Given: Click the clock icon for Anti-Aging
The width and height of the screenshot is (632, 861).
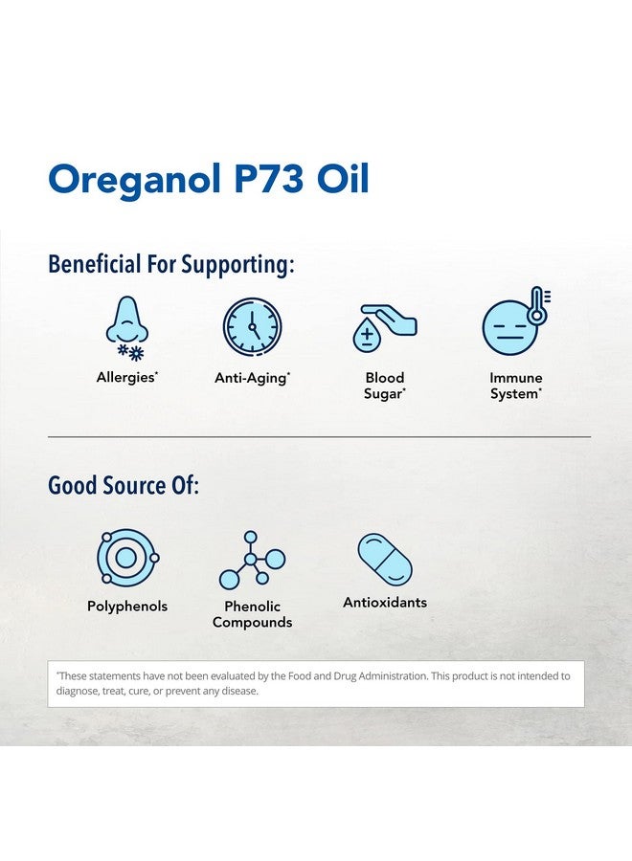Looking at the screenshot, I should (x=253, y=327).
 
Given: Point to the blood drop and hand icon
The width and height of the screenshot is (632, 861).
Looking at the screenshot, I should (x=384, y=328).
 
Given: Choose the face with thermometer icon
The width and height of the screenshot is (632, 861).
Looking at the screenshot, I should (x=508, y=327).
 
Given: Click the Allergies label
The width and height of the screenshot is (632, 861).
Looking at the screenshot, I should (x=126, y=378).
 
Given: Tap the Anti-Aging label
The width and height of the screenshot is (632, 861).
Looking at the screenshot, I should (x=252, y=378).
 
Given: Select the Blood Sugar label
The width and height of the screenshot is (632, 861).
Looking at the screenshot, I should (x=384, y=386).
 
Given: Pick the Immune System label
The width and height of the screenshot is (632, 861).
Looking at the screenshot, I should (x=516, y=386).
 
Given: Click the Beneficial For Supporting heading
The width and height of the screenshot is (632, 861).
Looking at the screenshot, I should (x=171, y=264).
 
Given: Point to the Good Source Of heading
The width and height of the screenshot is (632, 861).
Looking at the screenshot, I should (x=124, y=485).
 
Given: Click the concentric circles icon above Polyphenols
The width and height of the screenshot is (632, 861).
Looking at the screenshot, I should (x=126, y=558).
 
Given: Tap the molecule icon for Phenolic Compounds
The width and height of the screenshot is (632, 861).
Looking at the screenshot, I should (x=252, y=561).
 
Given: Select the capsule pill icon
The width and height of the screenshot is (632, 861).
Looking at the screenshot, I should (x=385, y=560).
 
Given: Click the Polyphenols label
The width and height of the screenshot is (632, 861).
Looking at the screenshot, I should (x=127, y=607).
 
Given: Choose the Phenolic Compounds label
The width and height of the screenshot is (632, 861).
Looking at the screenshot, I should (x=252, y=614).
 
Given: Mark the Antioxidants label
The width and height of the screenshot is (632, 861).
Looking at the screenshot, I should (x=385, y=603).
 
